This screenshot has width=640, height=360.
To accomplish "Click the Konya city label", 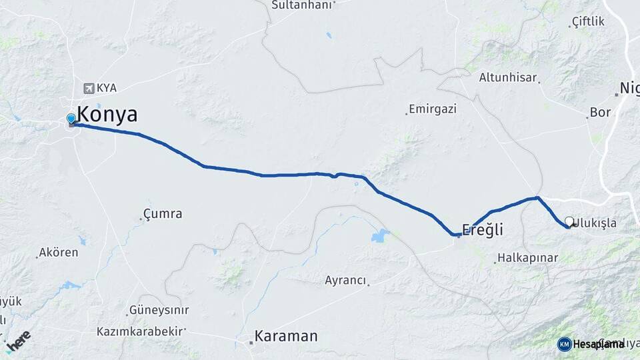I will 107,115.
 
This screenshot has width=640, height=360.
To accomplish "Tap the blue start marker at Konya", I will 71,119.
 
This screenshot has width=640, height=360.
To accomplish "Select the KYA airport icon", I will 89,88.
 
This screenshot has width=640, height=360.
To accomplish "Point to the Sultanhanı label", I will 301,5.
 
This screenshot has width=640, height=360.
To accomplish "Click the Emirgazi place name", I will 432,109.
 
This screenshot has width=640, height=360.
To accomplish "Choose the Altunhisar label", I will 508,77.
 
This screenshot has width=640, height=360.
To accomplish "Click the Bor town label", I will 600,113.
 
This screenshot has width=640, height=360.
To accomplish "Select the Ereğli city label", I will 482,231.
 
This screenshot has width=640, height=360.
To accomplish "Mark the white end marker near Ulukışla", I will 569,221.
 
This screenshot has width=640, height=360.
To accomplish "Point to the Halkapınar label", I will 523,258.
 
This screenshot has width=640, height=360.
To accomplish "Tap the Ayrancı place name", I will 345,281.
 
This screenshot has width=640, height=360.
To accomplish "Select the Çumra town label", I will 163,214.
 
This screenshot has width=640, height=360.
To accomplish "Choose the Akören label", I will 59,253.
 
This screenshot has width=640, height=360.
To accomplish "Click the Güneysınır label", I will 159,310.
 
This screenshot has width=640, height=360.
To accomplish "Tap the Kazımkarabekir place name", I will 140,331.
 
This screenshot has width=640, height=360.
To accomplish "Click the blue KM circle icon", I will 564,344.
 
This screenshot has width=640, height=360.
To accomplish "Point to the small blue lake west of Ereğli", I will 380,235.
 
